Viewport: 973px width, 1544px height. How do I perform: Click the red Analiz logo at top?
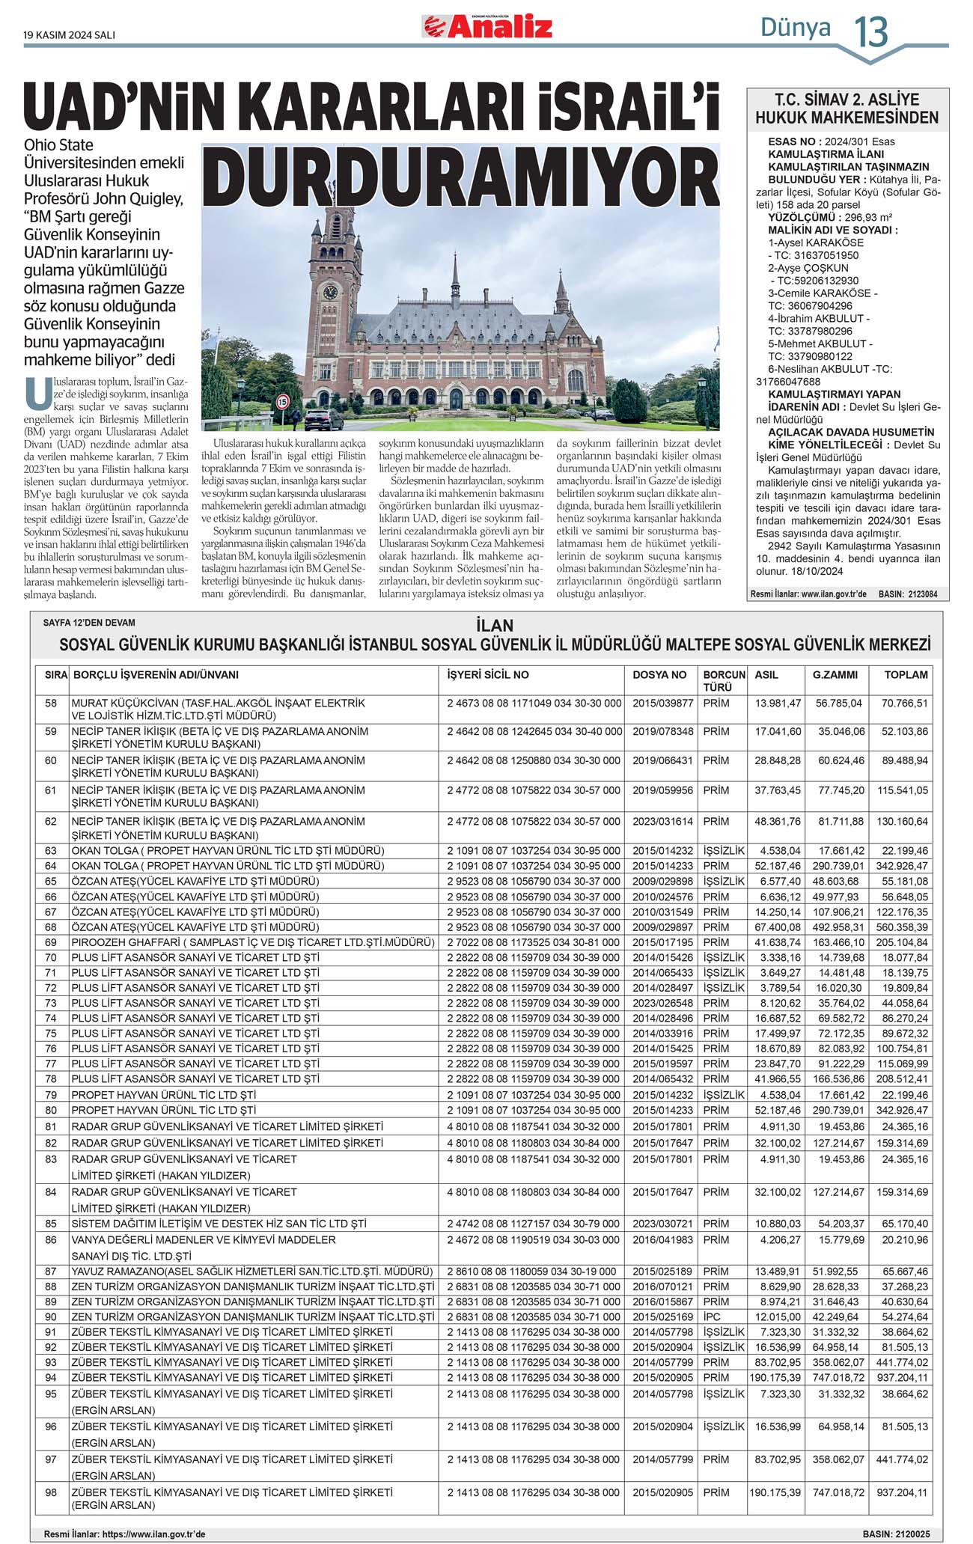click(x=488, y=28)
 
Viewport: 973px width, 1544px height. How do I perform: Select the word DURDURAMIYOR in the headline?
click(x=460, y=178)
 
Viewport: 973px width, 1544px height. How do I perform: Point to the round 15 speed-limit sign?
click(x=282, y=402)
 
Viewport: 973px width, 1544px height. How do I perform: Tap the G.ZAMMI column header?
click(x=835, y=675)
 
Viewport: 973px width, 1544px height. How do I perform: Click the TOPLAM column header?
click(x=906, y=675)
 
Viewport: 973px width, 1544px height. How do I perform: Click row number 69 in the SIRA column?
click(x=51, y=942)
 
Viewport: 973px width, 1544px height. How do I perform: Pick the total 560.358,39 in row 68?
click(x=902, y=927)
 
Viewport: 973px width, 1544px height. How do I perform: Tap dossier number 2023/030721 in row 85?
click(x=663, y=1224)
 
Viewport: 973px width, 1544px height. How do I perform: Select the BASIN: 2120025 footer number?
click(x=896, y=1534)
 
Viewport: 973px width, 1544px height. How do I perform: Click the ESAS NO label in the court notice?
click(x=795, y=141)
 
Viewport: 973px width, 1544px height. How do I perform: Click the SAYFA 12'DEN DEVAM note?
click(x=89, y=623)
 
